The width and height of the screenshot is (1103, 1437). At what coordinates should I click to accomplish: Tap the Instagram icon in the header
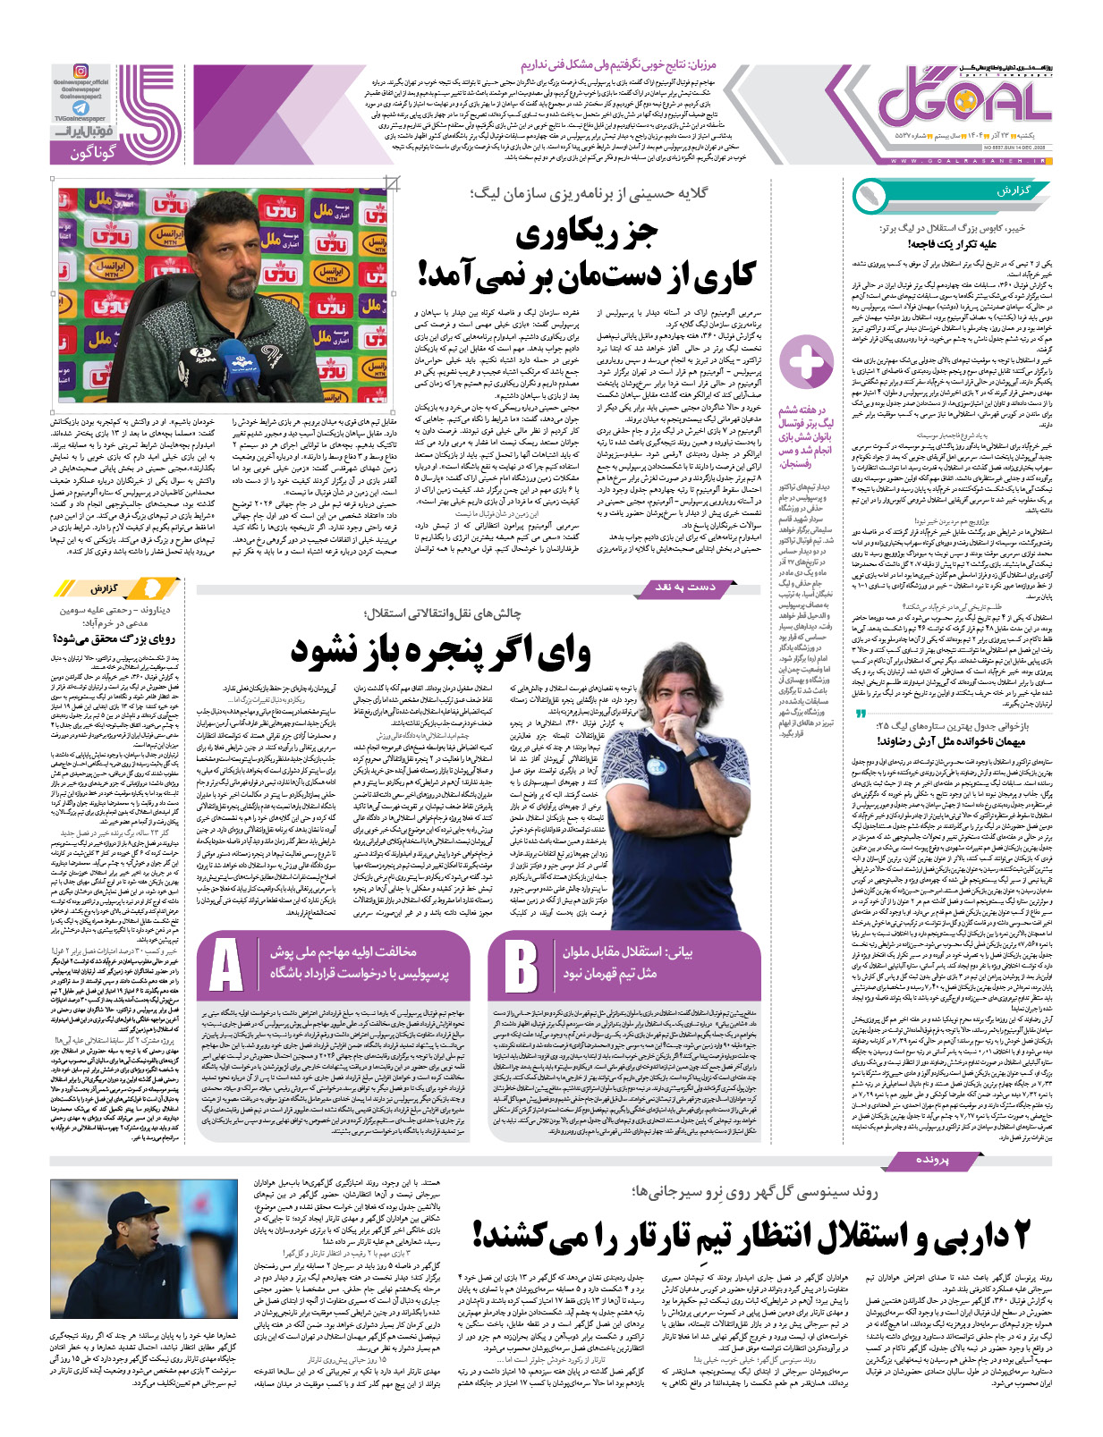[x=80, y=72]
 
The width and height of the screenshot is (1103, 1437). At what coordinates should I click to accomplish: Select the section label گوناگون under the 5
[x=93, y=153]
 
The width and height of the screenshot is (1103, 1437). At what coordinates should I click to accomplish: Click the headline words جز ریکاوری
[x=587, y=234]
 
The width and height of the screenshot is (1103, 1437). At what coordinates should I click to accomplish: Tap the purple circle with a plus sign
[x=806, y=362]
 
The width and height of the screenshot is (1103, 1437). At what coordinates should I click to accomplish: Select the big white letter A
[x=225, y=965]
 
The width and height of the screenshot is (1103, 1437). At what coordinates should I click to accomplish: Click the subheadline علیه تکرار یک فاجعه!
[x=951, y=243]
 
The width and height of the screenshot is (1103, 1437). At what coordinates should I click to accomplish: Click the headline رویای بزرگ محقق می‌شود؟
[x=116, y=638]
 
